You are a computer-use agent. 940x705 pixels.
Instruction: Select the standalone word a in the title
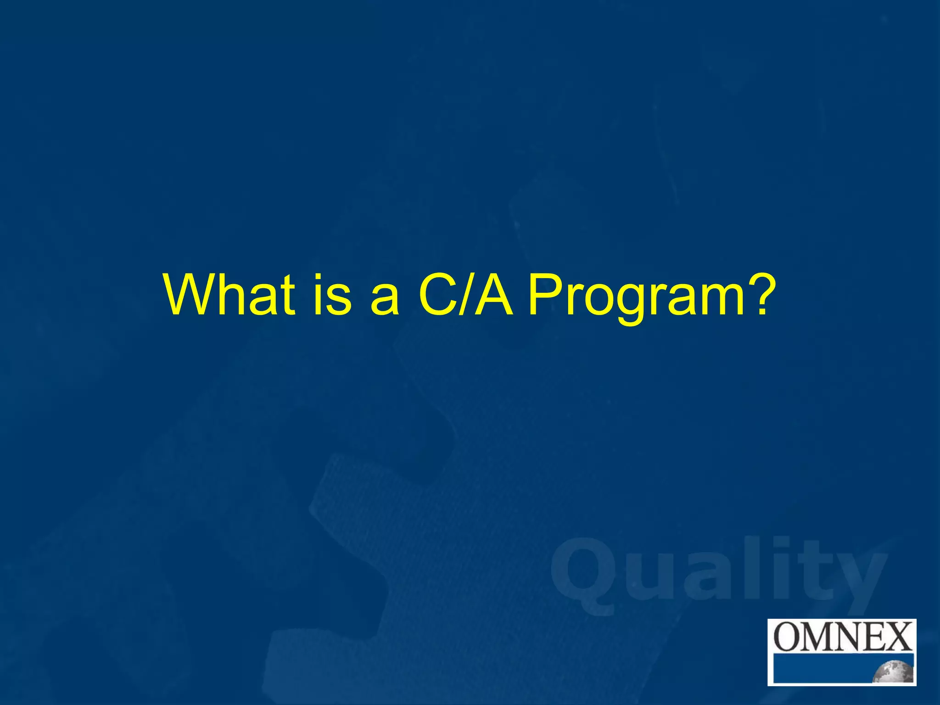tap(385, 301)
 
